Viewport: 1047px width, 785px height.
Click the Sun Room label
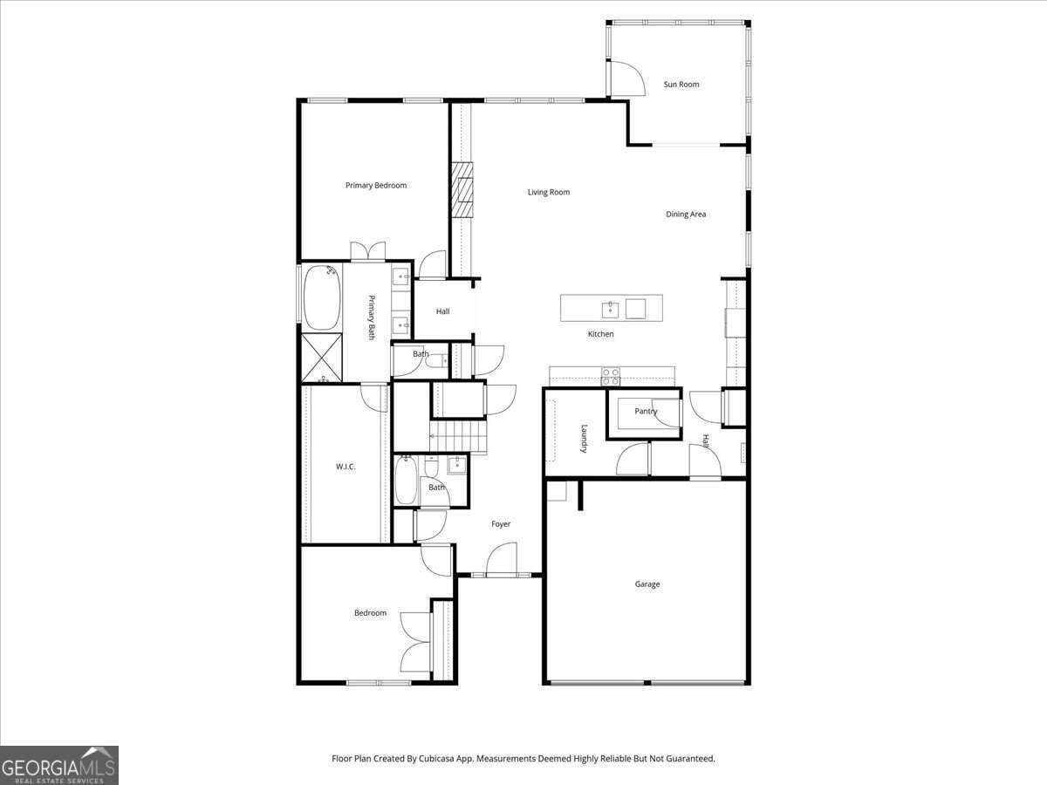point(681,85)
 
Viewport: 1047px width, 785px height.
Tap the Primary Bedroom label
point(376,185)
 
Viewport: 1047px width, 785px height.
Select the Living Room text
point(549,192)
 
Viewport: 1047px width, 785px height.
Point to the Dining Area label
point(686,214)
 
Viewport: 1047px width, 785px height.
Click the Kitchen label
point(600,334)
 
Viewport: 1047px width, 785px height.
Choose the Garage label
point(647,584)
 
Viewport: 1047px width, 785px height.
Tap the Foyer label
point(501,524)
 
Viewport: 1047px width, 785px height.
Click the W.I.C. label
point(346,467)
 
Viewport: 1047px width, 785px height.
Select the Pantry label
point(646,411)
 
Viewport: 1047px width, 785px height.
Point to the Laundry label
point(584,438)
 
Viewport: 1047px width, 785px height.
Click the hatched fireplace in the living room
point(462,189)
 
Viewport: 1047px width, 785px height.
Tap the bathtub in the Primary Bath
point(320,296)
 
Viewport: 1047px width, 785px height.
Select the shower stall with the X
point(321,358)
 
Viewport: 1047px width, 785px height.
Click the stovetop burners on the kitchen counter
point(611,376)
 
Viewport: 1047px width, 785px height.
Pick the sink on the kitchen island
point(611,308)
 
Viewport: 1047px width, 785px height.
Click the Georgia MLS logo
point(59,765)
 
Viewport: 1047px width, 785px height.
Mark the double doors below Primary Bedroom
point(368,251)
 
